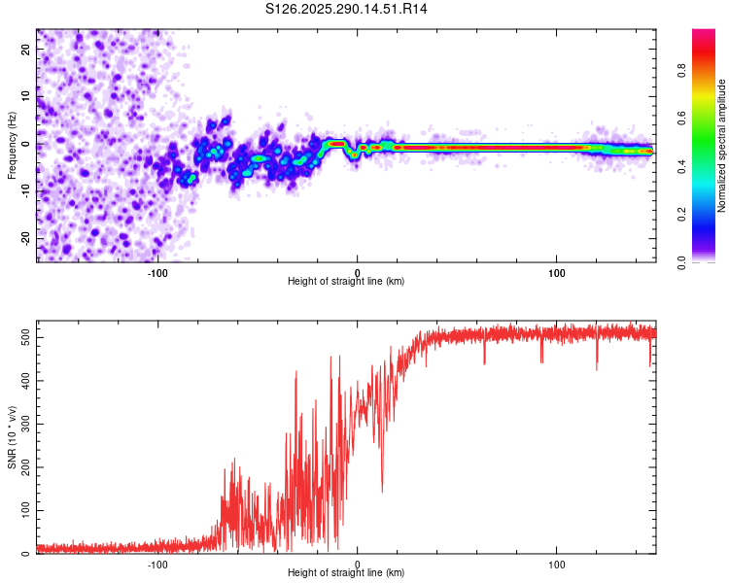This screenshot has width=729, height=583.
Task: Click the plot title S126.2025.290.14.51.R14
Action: coord(347,10)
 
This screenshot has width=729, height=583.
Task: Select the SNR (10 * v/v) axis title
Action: coord(12,437)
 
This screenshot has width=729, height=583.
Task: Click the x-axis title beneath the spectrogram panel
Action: coord(346,282)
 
